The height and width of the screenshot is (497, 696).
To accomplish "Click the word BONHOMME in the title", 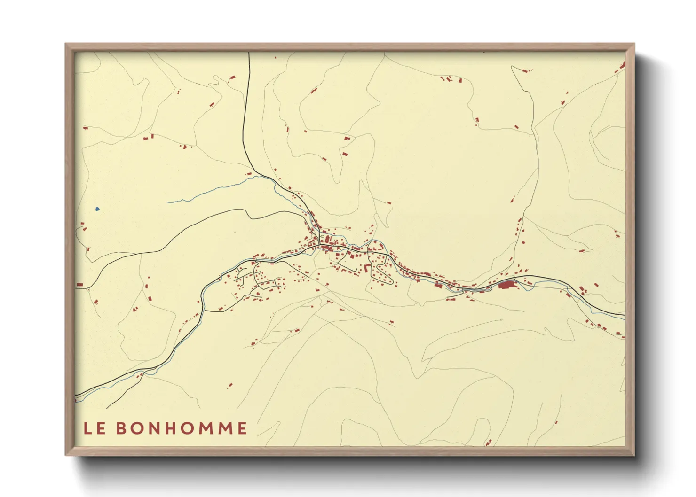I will click(182, 428).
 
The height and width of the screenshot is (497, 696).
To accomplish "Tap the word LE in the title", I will click(94, 428).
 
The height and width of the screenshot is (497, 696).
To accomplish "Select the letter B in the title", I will click(120, 428).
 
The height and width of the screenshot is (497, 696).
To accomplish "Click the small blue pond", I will click(97, 209).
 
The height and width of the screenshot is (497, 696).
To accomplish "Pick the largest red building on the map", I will click(506, 284).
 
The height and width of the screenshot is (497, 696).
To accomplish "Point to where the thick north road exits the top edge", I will click(249, 54).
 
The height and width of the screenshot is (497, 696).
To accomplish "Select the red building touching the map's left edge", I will click(79, 285).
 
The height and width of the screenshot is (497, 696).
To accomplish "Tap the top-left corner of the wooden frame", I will click(66, 44).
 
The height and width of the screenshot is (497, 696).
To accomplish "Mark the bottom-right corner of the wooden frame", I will click(634, 455).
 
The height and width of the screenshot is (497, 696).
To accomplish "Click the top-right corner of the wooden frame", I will click(634, 44).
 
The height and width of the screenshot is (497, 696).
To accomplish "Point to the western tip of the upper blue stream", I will click(168, 202).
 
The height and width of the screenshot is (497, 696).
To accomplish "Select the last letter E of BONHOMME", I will click(242, 428).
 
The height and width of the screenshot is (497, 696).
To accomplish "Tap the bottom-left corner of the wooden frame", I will click(66, 455).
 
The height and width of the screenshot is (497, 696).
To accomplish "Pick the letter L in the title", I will click(87, 428).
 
